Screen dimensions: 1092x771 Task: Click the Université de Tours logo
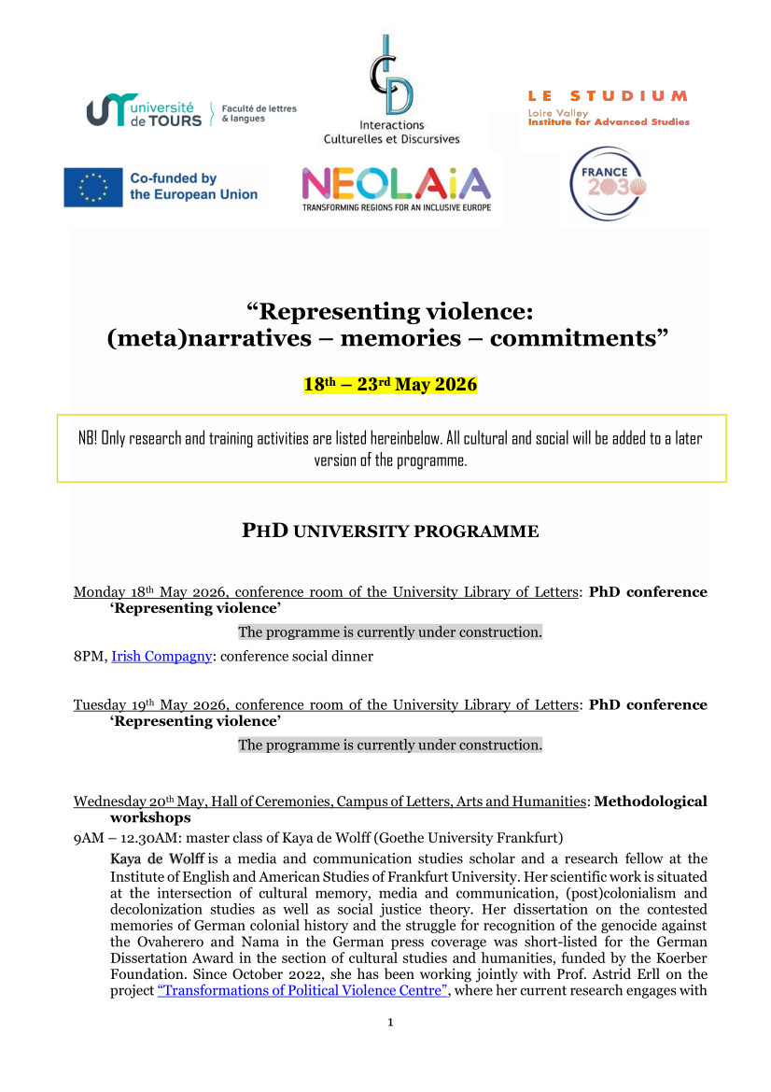pos(146,111)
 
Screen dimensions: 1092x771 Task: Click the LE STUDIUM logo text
pos(608,96)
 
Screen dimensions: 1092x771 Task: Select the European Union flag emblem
pos(92,187)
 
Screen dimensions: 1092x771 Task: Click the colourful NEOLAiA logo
pos(396,184)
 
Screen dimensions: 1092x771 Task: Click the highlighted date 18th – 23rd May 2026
pos(390,385)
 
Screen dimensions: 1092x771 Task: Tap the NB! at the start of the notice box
pos(91,438)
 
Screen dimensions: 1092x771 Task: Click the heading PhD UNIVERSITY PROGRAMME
pos(390,532)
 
